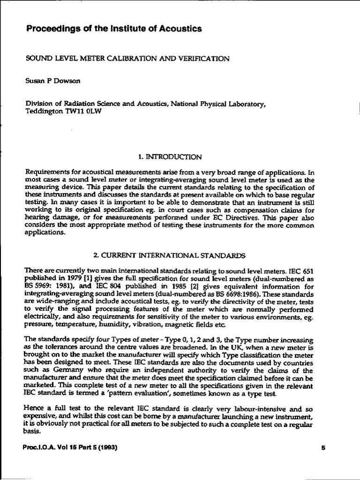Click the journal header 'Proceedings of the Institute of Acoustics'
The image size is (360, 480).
[x=113, y=29]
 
